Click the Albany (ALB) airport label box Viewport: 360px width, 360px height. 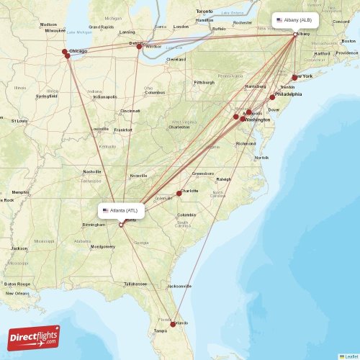[295, 20]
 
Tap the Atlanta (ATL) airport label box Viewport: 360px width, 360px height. [122, 210]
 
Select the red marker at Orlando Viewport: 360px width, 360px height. [172, 323]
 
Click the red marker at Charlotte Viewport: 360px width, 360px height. [179, 193]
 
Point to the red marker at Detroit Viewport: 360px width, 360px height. [140, 46]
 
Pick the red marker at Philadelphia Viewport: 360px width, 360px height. [273, 97]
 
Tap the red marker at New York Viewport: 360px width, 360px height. [294, 77]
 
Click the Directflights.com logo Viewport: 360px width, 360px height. [35, 336]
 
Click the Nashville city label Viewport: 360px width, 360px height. [92, 171]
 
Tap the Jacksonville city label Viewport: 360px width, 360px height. [179, 286]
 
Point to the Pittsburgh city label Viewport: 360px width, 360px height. [204, 82]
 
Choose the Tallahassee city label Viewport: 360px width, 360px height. [135, 284]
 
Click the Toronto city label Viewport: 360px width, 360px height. [205, 12]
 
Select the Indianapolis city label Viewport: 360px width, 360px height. [104, 96]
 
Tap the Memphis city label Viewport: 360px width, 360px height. [20, 192]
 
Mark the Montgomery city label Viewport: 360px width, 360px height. [103, 247]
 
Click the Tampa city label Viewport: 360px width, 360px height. [160, 330]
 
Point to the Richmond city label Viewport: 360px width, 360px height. [246, 143]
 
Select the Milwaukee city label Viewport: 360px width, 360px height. [54, 31]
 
